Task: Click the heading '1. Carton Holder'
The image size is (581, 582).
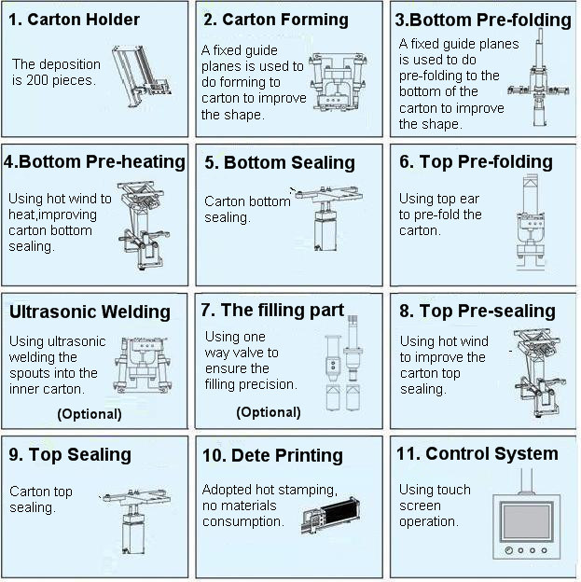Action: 74,20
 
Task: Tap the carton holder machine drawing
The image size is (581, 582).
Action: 142,76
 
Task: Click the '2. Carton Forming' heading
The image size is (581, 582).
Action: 276,20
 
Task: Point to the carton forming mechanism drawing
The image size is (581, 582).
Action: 339,82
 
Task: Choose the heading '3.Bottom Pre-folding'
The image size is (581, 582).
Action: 483,20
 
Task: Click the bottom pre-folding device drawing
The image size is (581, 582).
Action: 539,79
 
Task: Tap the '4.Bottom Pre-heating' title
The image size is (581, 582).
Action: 94,162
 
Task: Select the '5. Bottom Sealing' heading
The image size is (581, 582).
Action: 280,162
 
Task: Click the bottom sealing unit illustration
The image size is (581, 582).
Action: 326,218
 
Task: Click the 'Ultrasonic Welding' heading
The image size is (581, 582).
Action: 90,312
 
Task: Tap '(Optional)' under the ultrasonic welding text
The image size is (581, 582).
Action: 90,414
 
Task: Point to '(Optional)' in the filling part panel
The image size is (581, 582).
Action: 269,412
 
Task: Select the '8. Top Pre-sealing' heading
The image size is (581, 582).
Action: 477,311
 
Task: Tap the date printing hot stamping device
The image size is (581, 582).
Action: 329,514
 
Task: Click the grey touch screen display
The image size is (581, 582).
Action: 527,521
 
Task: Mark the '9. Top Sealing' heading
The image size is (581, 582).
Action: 70,455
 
